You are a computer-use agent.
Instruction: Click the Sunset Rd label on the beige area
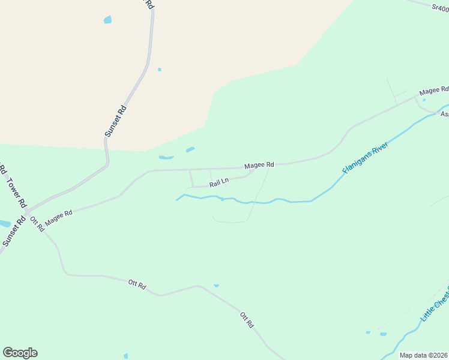tap(116, 119)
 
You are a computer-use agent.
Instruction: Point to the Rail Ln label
tap(219, 182)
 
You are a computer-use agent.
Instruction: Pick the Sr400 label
tap(440, 7)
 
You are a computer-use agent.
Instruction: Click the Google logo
tap(20, 353)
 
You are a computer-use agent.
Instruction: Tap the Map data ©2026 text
tap(424, 355)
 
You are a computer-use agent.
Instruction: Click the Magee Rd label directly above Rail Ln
tap(259, 164)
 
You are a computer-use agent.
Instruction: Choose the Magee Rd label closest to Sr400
tap(434, 91)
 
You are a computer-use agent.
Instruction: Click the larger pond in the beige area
tap(107, 20)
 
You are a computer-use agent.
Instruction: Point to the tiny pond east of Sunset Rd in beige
tap(159, 70)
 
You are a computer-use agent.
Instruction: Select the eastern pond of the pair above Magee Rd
tap(190, 149)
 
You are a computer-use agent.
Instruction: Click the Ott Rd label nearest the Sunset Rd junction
tap(37, 224)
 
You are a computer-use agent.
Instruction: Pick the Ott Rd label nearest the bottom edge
tap(247, 319)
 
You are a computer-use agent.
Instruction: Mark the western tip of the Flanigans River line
tap(176, 200)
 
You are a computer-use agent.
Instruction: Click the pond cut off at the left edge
tap(4, 224)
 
